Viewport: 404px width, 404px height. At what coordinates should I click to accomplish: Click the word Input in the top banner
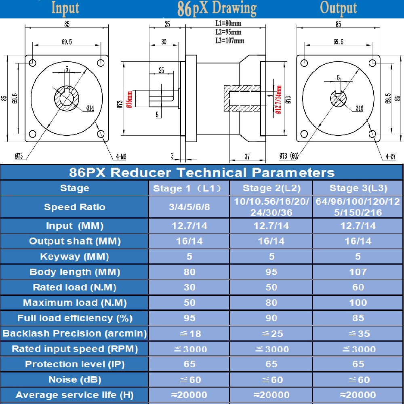[65, 8]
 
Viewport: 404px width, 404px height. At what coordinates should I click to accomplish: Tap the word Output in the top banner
[338, 8]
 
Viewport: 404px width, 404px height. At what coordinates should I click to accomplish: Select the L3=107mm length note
[230, 40]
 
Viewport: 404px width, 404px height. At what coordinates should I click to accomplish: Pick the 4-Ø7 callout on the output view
[390, 156]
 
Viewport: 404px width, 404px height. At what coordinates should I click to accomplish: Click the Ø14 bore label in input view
[90, 108]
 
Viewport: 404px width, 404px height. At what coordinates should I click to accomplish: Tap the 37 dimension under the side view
[247, 156]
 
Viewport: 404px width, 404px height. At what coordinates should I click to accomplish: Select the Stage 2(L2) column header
[271, 188]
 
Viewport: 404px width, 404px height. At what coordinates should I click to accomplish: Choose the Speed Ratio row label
[74, 207]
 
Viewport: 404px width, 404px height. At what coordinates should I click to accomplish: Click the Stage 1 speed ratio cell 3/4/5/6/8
[189, 207]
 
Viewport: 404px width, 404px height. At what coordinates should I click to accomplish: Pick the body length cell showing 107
[358, 272]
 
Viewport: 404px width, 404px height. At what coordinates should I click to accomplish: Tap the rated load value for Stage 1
[189, 287]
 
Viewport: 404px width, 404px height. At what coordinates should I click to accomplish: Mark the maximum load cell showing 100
[358, 303]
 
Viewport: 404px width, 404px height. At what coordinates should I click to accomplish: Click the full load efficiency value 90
[271, 318]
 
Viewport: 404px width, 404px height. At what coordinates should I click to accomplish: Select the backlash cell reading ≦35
[358, 334]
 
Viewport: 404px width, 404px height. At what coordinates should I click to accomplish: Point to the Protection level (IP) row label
[74, 364]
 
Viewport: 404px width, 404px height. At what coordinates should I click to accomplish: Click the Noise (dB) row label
[74, 379]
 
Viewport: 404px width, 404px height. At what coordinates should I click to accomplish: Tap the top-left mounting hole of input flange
[33, 63]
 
